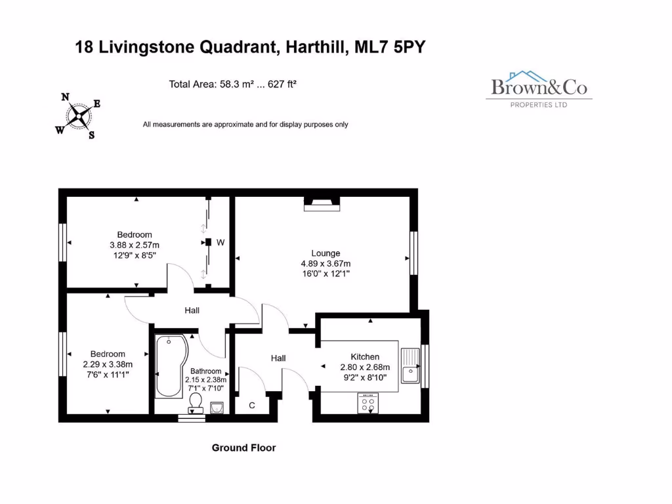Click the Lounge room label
(x=325, y=253)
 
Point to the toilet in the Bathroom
(x=195, y=402)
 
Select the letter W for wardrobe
(x=220, y=243)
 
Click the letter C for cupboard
(x=251, y=406)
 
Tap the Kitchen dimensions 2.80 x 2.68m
(x=365, y=367)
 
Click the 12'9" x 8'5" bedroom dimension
(x=135, y=255)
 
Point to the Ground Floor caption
(x=243, y=448)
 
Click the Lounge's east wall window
(x=413, y=253)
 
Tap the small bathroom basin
(x=218, y=409)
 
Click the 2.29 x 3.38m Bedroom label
(x=108, y=364)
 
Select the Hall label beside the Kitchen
(x=278, y=358)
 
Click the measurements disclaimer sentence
(x=245, y=124)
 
